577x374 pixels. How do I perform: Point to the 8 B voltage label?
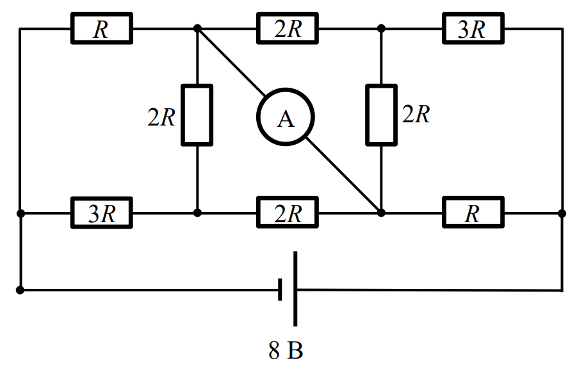pos(286,350)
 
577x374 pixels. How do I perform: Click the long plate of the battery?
pos(295,289)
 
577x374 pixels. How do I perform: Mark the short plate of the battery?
pos(280,289)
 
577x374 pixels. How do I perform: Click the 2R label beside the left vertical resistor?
pos(161,117)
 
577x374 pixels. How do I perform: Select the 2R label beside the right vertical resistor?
pos(416,114)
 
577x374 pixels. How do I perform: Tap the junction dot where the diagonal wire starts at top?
pos(198,28)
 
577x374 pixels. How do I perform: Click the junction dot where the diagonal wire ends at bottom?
pos(381,213)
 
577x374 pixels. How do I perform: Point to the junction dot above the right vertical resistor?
pos(381,28)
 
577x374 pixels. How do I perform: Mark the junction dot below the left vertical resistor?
pos(198,213)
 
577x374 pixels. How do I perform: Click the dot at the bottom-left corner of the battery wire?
pos(20,290)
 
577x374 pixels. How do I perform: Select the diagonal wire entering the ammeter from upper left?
pos(231,62)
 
